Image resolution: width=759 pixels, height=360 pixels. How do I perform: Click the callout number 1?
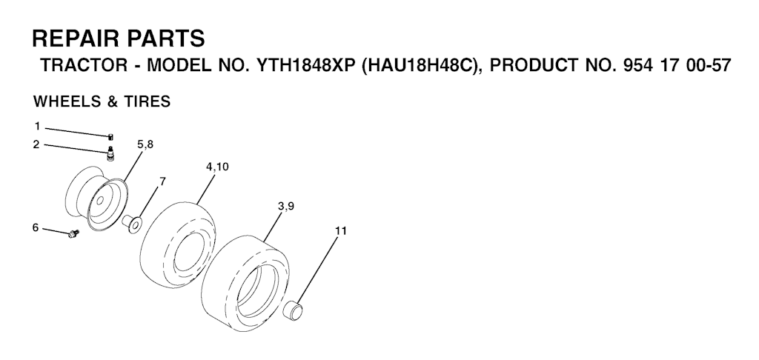click(37, 127)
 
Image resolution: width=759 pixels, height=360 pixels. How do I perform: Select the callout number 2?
click(37, 144)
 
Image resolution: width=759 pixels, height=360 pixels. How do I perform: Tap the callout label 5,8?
click(145, 144)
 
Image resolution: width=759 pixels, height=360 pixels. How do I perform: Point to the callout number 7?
click(162, 181)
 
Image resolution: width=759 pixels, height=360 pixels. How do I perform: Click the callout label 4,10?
click(217, 167)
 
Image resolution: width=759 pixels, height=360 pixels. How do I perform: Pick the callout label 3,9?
click(286, 207)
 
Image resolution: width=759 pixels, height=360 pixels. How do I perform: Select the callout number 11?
click(341, 231)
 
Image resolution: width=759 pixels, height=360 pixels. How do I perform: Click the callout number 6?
click(36, 227)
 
